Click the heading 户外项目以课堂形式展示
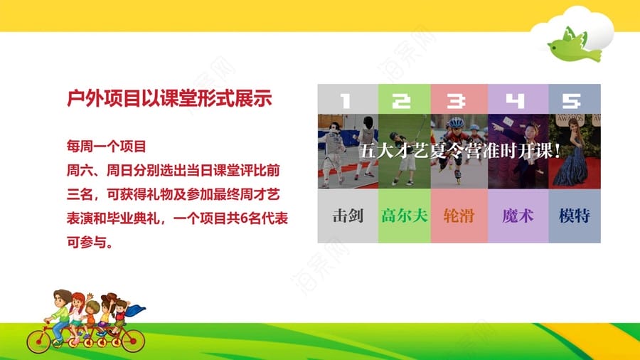[x=169, y=98]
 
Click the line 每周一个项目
[x=107, y=146]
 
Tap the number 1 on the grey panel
[x=346, y=100]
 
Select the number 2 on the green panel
[x=401, y=100]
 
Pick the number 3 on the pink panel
[x=456, y=100]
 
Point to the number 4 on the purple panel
[x=515, y=100]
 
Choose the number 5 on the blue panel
[x=571, y=100]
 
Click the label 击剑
[x=348, y=216]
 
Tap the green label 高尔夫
[x=405, y=216]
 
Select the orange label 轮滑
[x=459, y=216]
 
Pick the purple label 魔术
[x=518, y=216]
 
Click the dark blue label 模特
[x=575, y=216]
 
